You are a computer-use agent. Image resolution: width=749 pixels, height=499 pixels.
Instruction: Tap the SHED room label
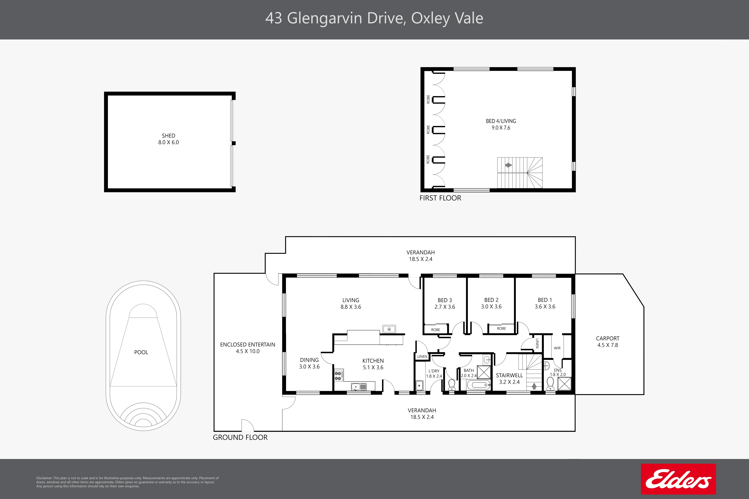coord(169,136)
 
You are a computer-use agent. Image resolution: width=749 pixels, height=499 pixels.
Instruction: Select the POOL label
coord(141,352)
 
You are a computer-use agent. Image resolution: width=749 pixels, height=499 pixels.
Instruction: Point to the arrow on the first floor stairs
coord(509,165)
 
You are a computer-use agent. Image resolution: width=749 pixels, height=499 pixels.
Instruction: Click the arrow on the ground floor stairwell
coord(534,386)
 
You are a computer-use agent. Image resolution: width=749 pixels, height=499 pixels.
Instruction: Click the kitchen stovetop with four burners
coord(338,376)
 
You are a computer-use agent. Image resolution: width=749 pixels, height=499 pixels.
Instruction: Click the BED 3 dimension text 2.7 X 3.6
coord(445,307)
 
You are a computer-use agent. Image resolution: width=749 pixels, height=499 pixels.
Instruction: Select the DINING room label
coord(309,360)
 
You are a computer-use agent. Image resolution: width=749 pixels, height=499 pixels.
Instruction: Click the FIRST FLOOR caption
coord(440,198)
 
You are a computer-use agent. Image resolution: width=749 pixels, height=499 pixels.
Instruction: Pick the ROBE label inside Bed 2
coord(501,328)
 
